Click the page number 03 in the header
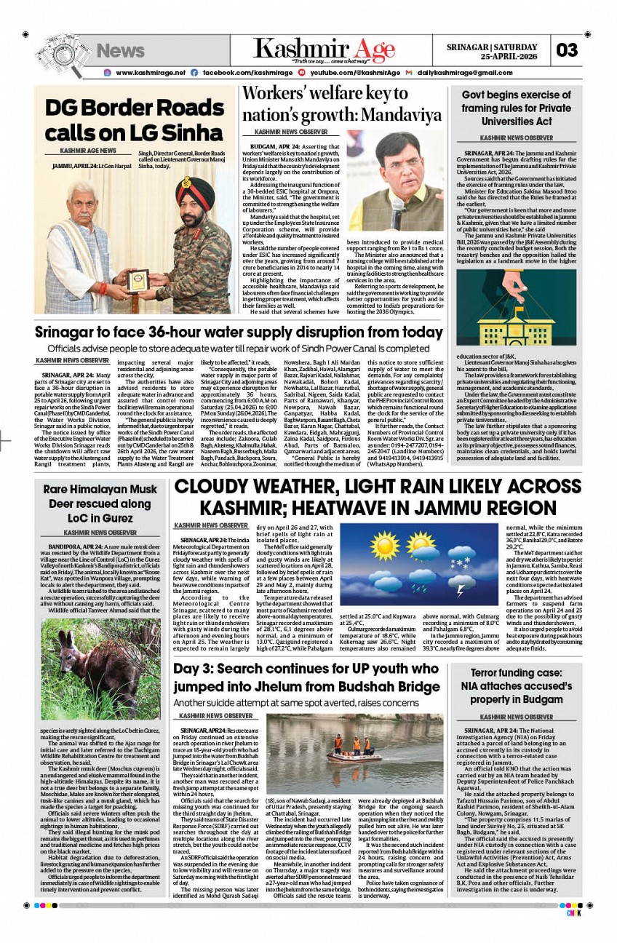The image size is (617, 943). pos(568,50)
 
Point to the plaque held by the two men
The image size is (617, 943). pos(138,280)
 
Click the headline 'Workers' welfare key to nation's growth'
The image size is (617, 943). pos(342,104)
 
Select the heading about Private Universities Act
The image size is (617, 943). pos(517,108)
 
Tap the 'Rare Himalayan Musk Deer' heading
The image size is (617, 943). pos(100,503)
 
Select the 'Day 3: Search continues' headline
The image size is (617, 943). pos(306,677)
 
